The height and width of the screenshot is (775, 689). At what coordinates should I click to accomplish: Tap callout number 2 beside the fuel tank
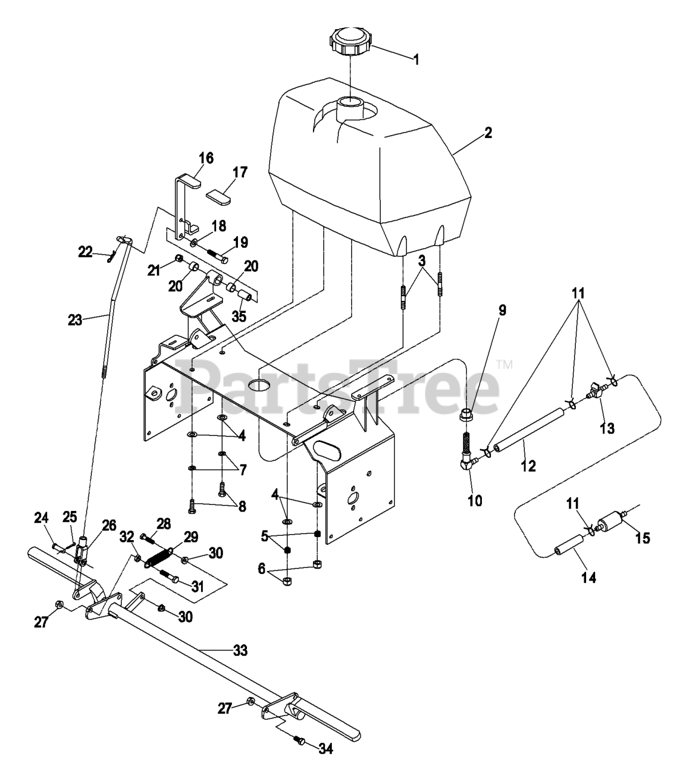click(x=488, y=133)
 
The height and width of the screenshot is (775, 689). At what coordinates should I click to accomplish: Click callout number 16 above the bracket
click(x=206, y=159)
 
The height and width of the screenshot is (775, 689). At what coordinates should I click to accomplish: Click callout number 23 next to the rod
click(x=75, y=320)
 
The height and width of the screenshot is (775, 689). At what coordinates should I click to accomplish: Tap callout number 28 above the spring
click(x=163, y=523)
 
